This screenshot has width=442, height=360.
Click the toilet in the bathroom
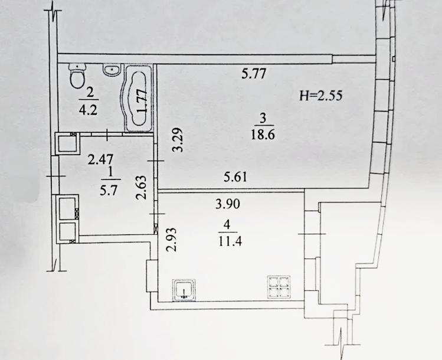pyautogui.click(x=77, y=76)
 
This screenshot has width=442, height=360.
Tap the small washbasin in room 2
pyautogui.click(x=113, y=70)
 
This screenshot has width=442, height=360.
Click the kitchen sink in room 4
pyautogui.click(x=184, y=290)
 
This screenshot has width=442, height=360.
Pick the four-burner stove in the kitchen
pyautogui.click(x=279, y=287)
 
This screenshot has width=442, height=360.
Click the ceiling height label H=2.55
pyautogui.click(x=321, y=96)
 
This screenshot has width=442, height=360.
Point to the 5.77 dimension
pyautogui.click(x=254, y=74)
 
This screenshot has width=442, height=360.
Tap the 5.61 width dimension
pyautogui.click(x=235, y=177)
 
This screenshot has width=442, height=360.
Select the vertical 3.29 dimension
pyautogui.click(x=178, y=140)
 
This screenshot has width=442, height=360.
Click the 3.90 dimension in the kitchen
pyautogui.click(x=228, y=204)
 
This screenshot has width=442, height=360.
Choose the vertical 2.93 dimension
pyautogui.click(x=171, y=240)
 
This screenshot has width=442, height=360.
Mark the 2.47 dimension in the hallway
pyautogui.click(x=101, y=159)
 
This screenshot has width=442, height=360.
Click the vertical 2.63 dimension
pyautogui.click(x=142, y=188)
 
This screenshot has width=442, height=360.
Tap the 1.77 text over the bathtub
pyautogui.click(x=142, y=101)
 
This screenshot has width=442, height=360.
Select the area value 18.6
pyautogui.click(x=263, y=135)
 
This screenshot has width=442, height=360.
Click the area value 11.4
pyautogui.click(x=230, y=241)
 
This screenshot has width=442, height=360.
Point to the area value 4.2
pyautogui.click(x=89, y=109)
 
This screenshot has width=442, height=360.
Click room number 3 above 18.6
pyautogui.click(x=263, y=119)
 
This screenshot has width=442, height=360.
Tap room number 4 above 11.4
pyautogui.click(x=227, y=225)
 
